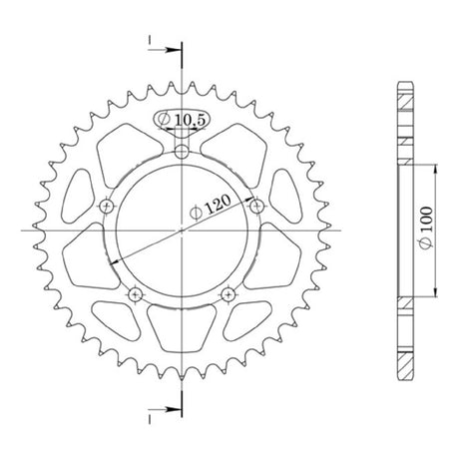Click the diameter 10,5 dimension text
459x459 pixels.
(182, 119)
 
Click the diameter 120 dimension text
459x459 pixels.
(211, 208)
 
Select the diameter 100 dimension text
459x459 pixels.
(426, 228)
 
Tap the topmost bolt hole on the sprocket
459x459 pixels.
(182, 153)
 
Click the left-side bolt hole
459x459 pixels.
(107, 207)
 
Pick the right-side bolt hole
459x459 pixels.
(256, 207)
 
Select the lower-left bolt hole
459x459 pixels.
(135, 294)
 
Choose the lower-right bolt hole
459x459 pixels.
(229, 294)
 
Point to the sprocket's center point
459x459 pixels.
(182, 230)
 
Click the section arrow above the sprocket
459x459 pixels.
(166, 50)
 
